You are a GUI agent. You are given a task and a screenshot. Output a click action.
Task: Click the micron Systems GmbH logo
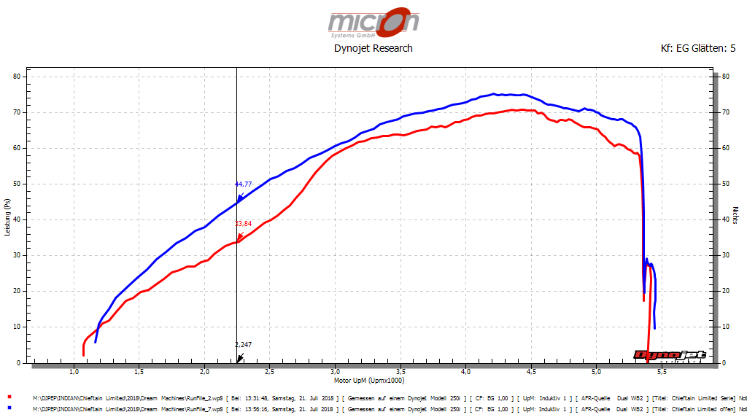tap(373, 23)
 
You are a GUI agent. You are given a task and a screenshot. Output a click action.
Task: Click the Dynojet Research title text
tap(373, 48)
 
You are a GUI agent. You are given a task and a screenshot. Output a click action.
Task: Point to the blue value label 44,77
tap(243, 184)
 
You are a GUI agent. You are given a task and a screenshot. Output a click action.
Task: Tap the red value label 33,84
tap(243, 224)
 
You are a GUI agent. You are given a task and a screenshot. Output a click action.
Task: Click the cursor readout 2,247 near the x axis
tap(243, 344)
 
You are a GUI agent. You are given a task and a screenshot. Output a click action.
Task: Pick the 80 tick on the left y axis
tap(20, 77)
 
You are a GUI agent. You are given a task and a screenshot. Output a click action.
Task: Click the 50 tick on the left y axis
tap(20, 184)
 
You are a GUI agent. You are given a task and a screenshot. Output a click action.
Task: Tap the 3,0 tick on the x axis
tap(335, 372)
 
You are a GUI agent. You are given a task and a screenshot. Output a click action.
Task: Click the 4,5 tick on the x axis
tap(530, 372)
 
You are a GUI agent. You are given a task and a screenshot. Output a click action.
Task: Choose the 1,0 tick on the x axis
tap(74, 372)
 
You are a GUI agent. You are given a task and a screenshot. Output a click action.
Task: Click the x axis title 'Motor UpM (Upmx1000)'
tap(369, 380)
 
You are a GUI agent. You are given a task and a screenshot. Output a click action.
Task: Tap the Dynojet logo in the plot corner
tap(670, 356)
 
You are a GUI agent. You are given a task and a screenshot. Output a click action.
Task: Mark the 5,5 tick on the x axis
tap(661, 372)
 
